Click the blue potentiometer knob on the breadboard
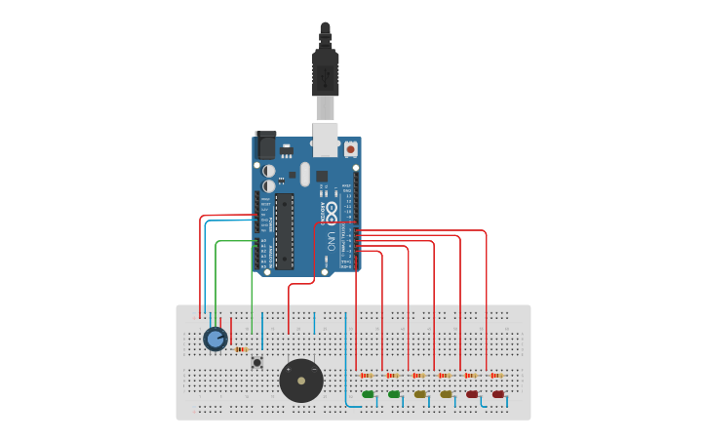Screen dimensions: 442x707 pyautogui.click(x=216, y=339)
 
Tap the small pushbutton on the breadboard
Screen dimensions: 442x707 pyautogui.click(x=257, y=362)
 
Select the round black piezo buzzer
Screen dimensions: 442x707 pyautogui.click(x=301, y=381)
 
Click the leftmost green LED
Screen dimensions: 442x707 pyautogui.click(x=368, y=394)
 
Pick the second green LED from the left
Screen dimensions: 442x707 pyautogui.click(x=394, y=394)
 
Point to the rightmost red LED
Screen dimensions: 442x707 pyautogui.click(x=498, y=394)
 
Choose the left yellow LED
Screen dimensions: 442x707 pyautogui.click(x=420, y=394)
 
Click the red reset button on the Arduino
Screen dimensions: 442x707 pyautogui.click(x=350, y=149)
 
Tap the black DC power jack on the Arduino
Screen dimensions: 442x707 pyautogui.click(x=264, y=145)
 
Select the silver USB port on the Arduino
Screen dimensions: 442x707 pyautogui.click(x=325, y=139)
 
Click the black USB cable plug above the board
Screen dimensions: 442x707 pyautogui.click(x=325, y=73)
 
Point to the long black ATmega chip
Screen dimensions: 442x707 pyautogui.click(x=284, y=231)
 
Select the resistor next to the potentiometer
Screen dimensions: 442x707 pyautogui.click(x=240, y=349)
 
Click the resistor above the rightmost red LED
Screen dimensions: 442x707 pyautogui.click(x=496, y=376)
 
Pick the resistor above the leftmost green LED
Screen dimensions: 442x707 pyautogui.click(x=366, y=376)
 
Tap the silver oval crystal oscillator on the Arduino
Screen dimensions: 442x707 pyautogui.click(x=304, y=174)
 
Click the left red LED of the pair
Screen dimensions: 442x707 pyautogui.click(x=472, y=394)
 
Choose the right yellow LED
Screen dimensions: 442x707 pyautogui.click(x=447, y=394)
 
